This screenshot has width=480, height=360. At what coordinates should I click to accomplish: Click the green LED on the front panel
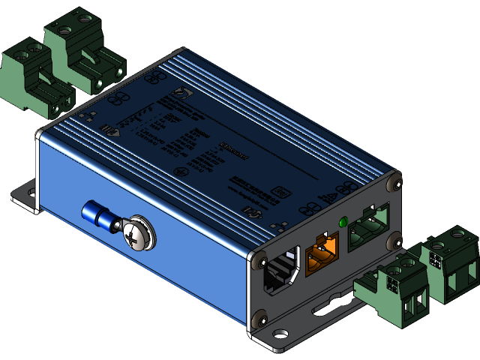tap(343, 222)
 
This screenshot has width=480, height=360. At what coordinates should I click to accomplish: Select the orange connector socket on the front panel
tap(320, 251)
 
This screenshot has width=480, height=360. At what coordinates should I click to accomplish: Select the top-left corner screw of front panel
tap(260, 260)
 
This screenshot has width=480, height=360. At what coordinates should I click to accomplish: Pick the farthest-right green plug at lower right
tap(448, 262)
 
